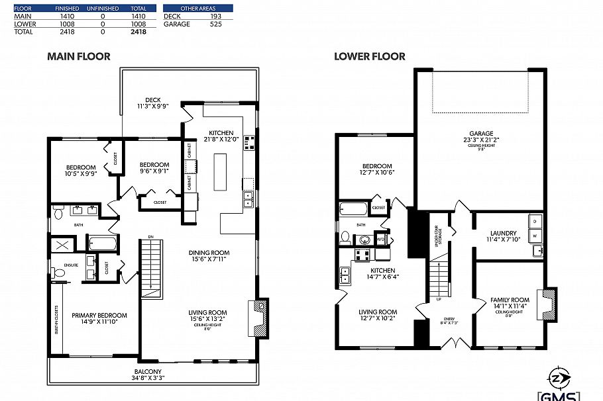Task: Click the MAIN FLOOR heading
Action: click(x=79, y=57)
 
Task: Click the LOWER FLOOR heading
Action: click(x=369, y=57)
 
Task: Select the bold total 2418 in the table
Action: click(x=138, y=31)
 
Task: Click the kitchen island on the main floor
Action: click(x=219, y=171)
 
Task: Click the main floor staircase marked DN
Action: click(x=152, y=269)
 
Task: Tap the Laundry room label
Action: click(x=503, y=236)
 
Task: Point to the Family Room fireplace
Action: click(x=549, y=304)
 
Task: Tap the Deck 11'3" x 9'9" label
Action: click(x=153, y=103)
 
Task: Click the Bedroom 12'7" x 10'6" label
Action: click(x=376, y=169)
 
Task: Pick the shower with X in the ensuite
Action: click(x=65, y=245)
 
